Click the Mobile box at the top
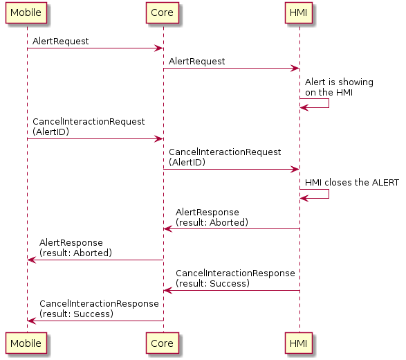(x=27, y=12)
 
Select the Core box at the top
(x=163, y=12)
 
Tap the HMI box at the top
(x=299, y=12)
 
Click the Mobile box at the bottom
(x=27, y=343)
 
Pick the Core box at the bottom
(x=163, y=343)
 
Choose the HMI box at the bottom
(x=299, y=343)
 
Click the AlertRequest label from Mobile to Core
(x=60, y=42)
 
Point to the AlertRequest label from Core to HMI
(x=196, y=62)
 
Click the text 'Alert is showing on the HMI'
(x=339, y=87)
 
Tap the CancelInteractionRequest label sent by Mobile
(x=88, y=126)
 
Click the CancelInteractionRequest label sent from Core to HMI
(x=225, y=156)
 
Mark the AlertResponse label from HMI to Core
(x=212, y=217)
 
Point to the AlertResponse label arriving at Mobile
(x=75, y=248)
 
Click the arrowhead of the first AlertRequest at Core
(x=159, y=48)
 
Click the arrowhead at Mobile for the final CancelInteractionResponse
(x=31, y=321)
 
